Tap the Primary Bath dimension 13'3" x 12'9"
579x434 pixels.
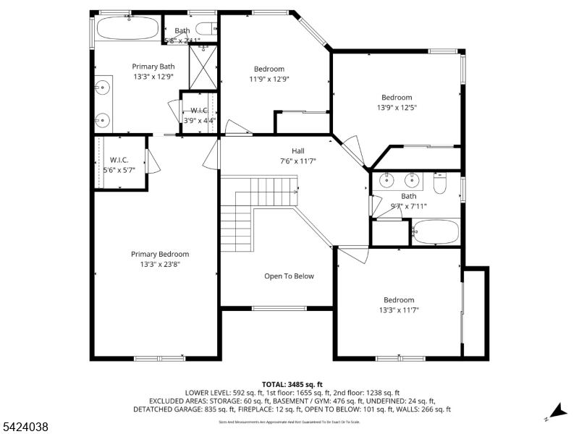point(153,76)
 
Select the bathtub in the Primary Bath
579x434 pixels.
point(127,29)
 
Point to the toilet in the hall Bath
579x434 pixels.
point(439,184)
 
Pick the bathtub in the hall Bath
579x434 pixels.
point(434,233)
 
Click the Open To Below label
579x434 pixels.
point(289,276)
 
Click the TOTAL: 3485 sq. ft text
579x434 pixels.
point(292,384)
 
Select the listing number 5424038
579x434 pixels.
point(25,427)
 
